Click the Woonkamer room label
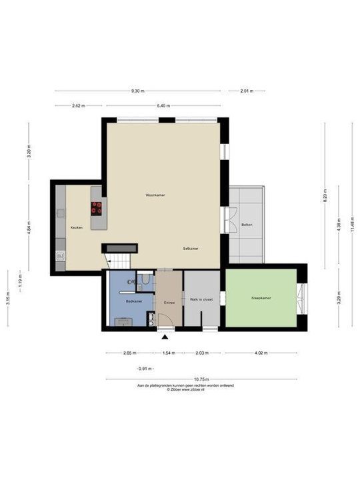pos(155,195)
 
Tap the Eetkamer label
pos(191,248)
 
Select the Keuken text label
pos(76,228)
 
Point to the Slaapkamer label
pos(261,298)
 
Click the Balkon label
pos(247,225)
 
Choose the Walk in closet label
pos(201,300)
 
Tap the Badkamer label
pos(134,301)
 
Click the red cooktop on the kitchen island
pos(97,207)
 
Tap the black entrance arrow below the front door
pos(165,337)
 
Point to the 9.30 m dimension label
pos(138,91)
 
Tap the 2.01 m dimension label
pos(246,91)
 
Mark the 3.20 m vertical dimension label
pos(29,152)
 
